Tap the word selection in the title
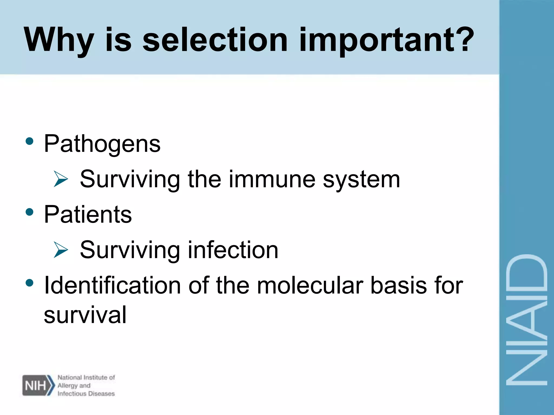[x=215, y=40]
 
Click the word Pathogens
[x=102, y=144]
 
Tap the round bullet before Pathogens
[x=29, y=141]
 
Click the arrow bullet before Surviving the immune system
[x=60, y=179]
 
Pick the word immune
[x=272, y=179]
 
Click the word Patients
[x=88, y=215]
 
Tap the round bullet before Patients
[x=29, y=212]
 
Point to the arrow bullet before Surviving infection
[x=60, y=250]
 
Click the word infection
[x=233, y=250]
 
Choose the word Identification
[x=112, y=286]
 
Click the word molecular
[x=310, y=286]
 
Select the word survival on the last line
[x=85, y=315]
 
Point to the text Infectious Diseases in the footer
[x=86, y=394]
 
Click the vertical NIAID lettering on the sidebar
[x=526, y=320]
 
